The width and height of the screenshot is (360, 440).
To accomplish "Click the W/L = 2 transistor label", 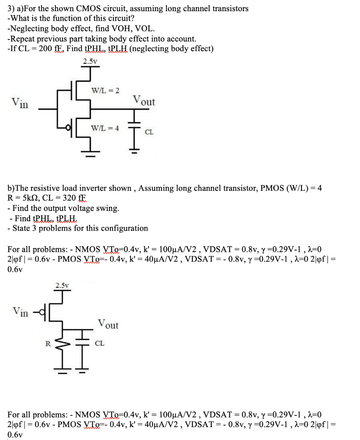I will [105, 90].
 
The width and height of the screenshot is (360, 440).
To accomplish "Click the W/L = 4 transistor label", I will [105, 128].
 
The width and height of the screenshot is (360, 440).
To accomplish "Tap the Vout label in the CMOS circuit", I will [144, 101].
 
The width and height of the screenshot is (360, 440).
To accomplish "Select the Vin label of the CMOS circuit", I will [20, 103].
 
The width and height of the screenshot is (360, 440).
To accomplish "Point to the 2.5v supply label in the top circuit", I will [89, 61].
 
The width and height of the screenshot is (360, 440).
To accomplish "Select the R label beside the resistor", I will [49, 343].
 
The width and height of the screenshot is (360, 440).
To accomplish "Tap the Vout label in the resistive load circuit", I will [108, 324].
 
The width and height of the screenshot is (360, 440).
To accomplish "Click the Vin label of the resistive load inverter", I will [21, 311].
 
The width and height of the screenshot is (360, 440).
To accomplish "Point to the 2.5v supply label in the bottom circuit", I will [62, 284].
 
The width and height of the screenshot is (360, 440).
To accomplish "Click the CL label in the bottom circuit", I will [99, 344].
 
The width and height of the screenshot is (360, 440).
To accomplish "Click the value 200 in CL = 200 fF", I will [45, 49].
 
